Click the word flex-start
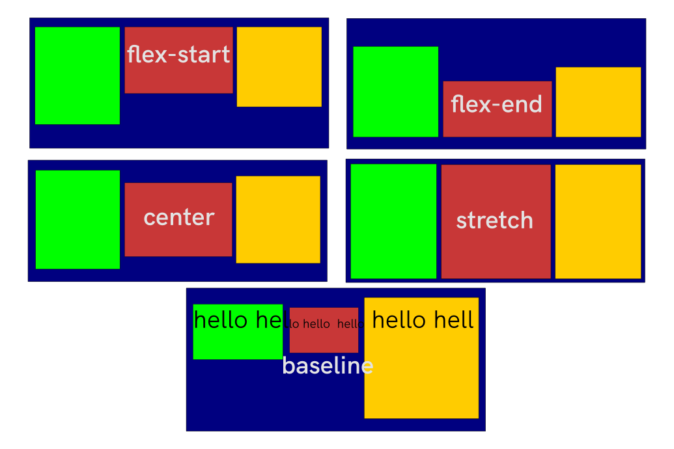click(178, 55)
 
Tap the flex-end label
click(496, 105)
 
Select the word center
click(178, 217)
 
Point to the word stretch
click(495, 221)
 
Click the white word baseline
click(328, 366)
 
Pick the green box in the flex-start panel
click(77, 75)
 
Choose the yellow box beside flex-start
click(279, 66)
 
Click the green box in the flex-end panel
click(395, 92)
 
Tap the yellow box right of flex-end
click(598, 102)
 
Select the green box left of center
click(77, 219)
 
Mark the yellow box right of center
click(278, 219)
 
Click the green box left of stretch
click(393, 221)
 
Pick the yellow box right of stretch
click(598, 221)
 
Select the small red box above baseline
click(324, 338)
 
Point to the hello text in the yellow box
click(423, 320)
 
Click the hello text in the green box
click(238, 320)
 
